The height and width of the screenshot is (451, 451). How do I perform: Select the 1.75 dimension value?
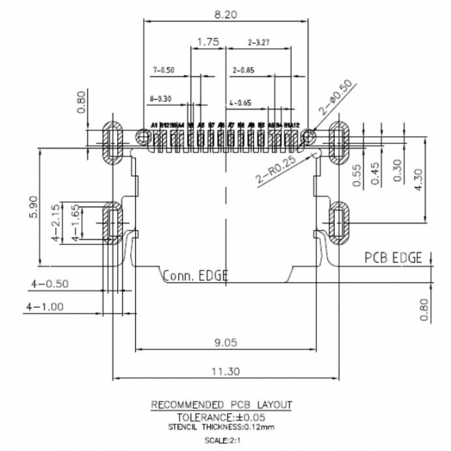[208, 42]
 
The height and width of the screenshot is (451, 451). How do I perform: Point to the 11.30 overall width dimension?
[225, 372]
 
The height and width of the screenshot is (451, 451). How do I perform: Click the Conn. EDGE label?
[195, 276]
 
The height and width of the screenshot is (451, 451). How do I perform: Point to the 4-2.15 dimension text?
[56, 223]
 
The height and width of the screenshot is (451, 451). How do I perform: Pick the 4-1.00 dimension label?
[45, 307]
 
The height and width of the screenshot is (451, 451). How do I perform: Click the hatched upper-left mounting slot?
[112, 143]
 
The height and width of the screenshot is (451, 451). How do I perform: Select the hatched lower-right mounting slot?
[339, 221]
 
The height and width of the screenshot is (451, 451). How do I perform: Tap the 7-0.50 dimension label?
[164, 70]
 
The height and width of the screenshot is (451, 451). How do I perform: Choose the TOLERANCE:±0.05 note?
[225, 417]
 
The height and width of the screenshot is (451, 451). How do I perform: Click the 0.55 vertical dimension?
[356, 177]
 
